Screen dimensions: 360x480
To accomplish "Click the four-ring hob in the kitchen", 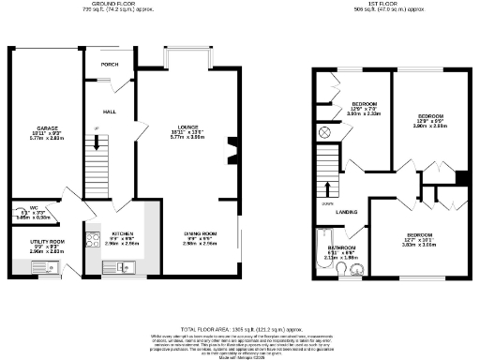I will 94,239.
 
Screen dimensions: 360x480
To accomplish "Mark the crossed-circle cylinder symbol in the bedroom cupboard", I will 324,131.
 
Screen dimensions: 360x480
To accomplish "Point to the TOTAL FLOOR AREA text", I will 240,330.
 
